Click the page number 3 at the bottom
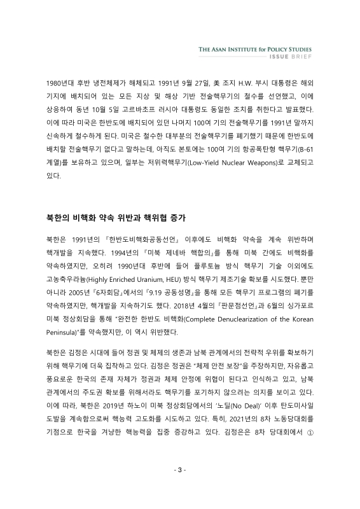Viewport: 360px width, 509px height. tap(180, 488)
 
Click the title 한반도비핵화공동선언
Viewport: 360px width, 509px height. tap(123, 242)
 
